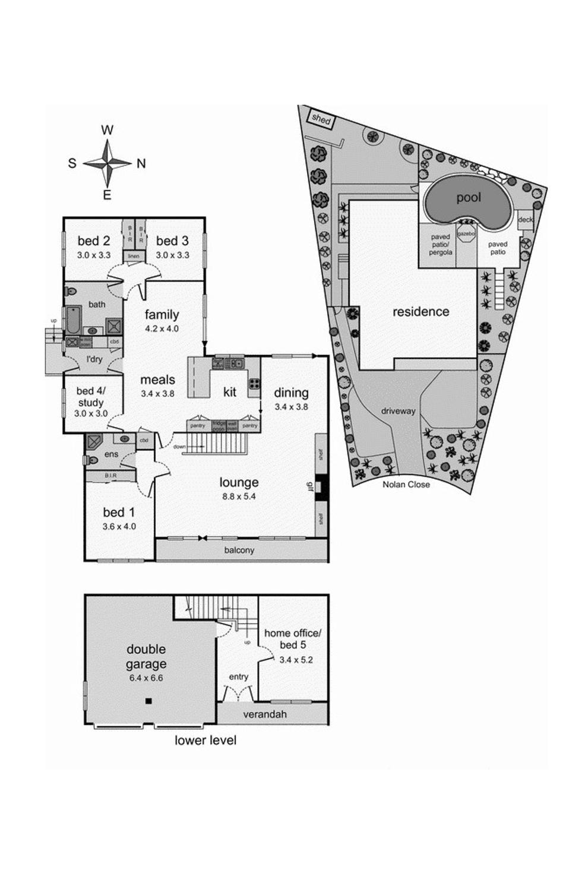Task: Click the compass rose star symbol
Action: [x=107, y=163]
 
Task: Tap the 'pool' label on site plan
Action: [x=468, y=198]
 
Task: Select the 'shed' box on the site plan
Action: [x=321, y=119]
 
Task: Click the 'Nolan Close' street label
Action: [x=406, y=484]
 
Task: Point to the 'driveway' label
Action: [x=398, y=411]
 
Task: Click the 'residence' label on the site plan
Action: [x=420, y=312]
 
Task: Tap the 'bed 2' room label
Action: [x=94, y=241]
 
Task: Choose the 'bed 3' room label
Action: [x=172, y=241]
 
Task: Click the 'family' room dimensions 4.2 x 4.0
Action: [x=162, y=328]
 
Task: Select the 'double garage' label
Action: [x=146, y=657]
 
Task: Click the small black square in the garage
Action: [x=148, y=701]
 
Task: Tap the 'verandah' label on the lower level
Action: [x=264, y=714]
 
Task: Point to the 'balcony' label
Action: [x=239, y=550]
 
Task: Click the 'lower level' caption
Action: [x=205, y=741]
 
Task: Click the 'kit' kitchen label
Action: [x=230, y=392]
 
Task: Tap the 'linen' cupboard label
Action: [x=134, y=256]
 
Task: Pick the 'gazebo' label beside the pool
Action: [x=467, y=234]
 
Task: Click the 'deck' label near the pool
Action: [x=525, y=220]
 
